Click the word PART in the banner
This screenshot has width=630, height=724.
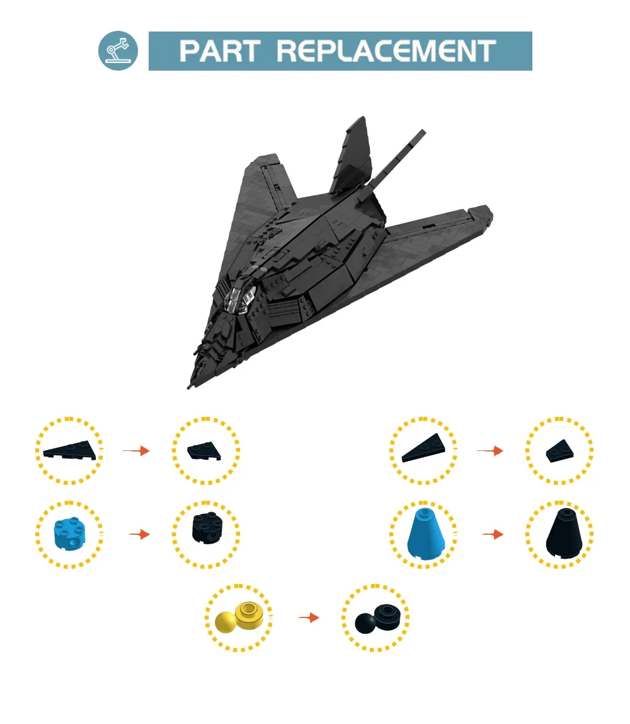[x=217, y=51]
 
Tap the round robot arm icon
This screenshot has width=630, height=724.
[x=118, y=50]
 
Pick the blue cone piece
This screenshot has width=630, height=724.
[x=425, y=534]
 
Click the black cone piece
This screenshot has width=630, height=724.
[x=559, y=534]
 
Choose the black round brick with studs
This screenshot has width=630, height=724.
[x=206, y=534]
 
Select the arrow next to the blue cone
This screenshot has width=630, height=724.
[x=493, y=534]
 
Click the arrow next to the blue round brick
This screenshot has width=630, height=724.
[x=139, y=534]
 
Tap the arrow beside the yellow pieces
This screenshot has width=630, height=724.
[x=308, y=617]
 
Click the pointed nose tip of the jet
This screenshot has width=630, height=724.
[x=190, y=385]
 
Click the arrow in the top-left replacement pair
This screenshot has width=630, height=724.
[x=136, y=450]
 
